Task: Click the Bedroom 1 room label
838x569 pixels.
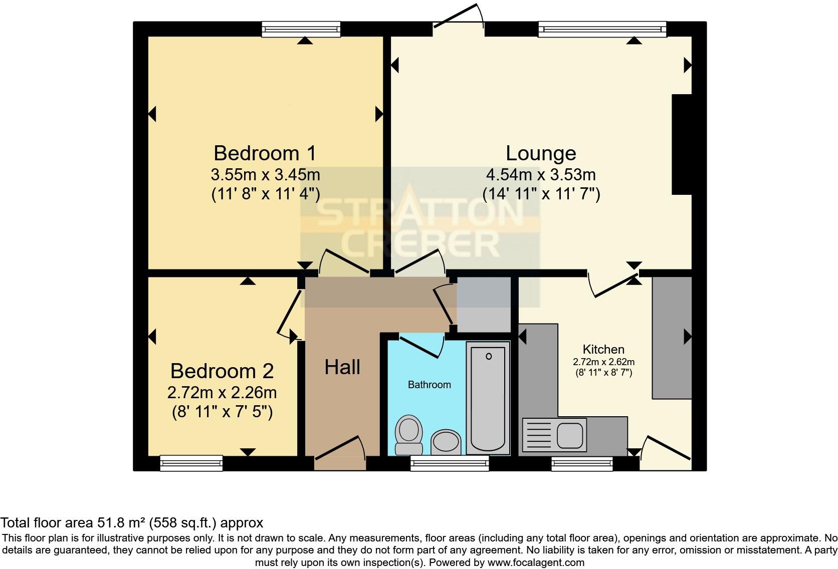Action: pos(265,153)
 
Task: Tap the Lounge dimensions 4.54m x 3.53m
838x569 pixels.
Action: pos(541,175)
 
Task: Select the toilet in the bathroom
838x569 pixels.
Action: pos(408,434)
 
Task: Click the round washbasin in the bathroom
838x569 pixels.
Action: pos(446,442)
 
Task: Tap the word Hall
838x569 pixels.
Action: pos(342,368)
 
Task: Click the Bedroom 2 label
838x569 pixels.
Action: pos(222,371)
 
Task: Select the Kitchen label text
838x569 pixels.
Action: pos(603,349)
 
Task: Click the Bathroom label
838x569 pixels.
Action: pos(429,385)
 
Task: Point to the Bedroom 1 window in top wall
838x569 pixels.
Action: pos(301,29)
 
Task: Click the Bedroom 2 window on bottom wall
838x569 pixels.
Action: pos(191,463)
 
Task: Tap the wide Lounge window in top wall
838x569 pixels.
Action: pos(602,29)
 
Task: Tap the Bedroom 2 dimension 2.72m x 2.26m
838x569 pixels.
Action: pos(222,392)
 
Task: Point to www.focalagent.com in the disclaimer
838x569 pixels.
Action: pos(535,562)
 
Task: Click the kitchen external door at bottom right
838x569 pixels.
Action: pos(665,454)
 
